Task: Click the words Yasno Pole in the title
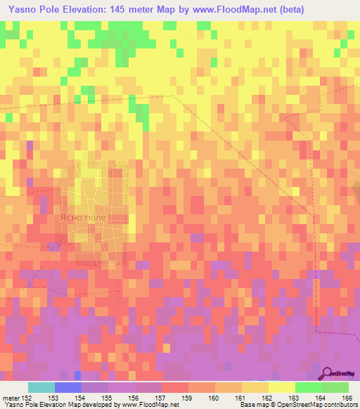coord(32,10)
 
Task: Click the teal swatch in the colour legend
coord(41,387)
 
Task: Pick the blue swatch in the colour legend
coord(68,387)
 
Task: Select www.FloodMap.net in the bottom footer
coord(149,405)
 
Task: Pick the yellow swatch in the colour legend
coord(282,387)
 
